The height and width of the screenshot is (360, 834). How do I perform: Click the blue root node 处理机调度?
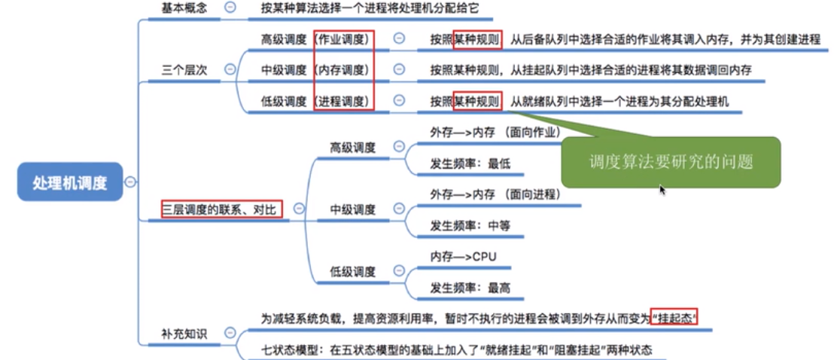point(70,182)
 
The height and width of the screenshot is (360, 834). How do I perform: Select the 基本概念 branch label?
point(184,9)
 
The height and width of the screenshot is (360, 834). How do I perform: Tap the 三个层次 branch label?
point(184,70)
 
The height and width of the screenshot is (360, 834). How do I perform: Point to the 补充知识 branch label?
point(184,332)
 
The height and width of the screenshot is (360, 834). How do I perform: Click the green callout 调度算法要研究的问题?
point(671,161)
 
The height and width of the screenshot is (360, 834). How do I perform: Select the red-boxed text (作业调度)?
point(345,38)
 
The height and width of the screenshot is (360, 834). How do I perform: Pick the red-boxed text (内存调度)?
point(345,70)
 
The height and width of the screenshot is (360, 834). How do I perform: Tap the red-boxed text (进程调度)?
point(345,101)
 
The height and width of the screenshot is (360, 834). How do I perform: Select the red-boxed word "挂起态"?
point(674,319)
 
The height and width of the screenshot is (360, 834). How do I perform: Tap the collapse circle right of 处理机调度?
point(131,182)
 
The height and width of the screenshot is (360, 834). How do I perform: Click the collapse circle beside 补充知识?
point(230,332)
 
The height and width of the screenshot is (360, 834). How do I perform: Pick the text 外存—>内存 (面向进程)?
point(495,194)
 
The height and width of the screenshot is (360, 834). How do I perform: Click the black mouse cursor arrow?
point(662,190)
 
